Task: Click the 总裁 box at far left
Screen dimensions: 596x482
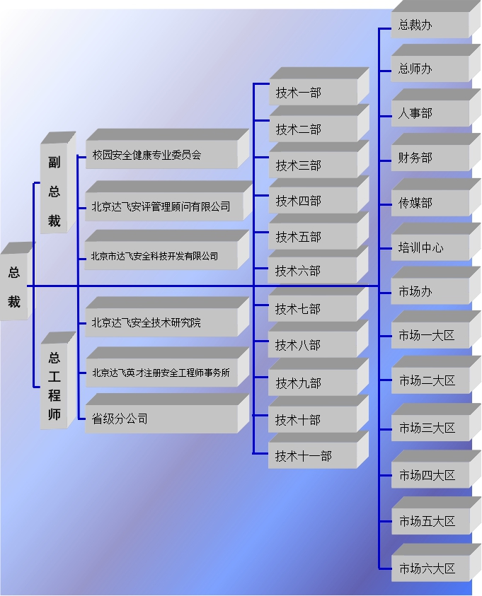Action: click(14, 286)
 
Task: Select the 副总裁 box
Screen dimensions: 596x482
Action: click(54, 191)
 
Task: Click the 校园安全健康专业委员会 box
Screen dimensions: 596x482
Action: click(161, 155)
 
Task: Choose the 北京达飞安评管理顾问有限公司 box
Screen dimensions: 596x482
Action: click(161, 206)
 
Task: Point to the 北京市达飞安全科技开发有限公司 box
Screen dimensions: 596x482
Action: click(161, 256)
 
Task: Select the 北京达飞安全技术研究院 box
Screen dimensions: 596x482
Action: click(161, 322)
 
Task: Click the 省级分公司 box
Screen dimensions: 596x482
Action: click(161, 419)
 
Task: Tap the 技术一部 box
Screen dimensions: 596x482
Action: click(313, 93)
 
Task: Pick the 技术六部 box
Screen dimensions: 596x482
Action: click(313, 271)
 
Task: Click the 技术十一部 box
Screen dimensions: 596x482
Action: click(313, 456)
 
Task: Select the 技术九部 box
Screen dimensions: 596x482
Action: click(313, 383)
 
